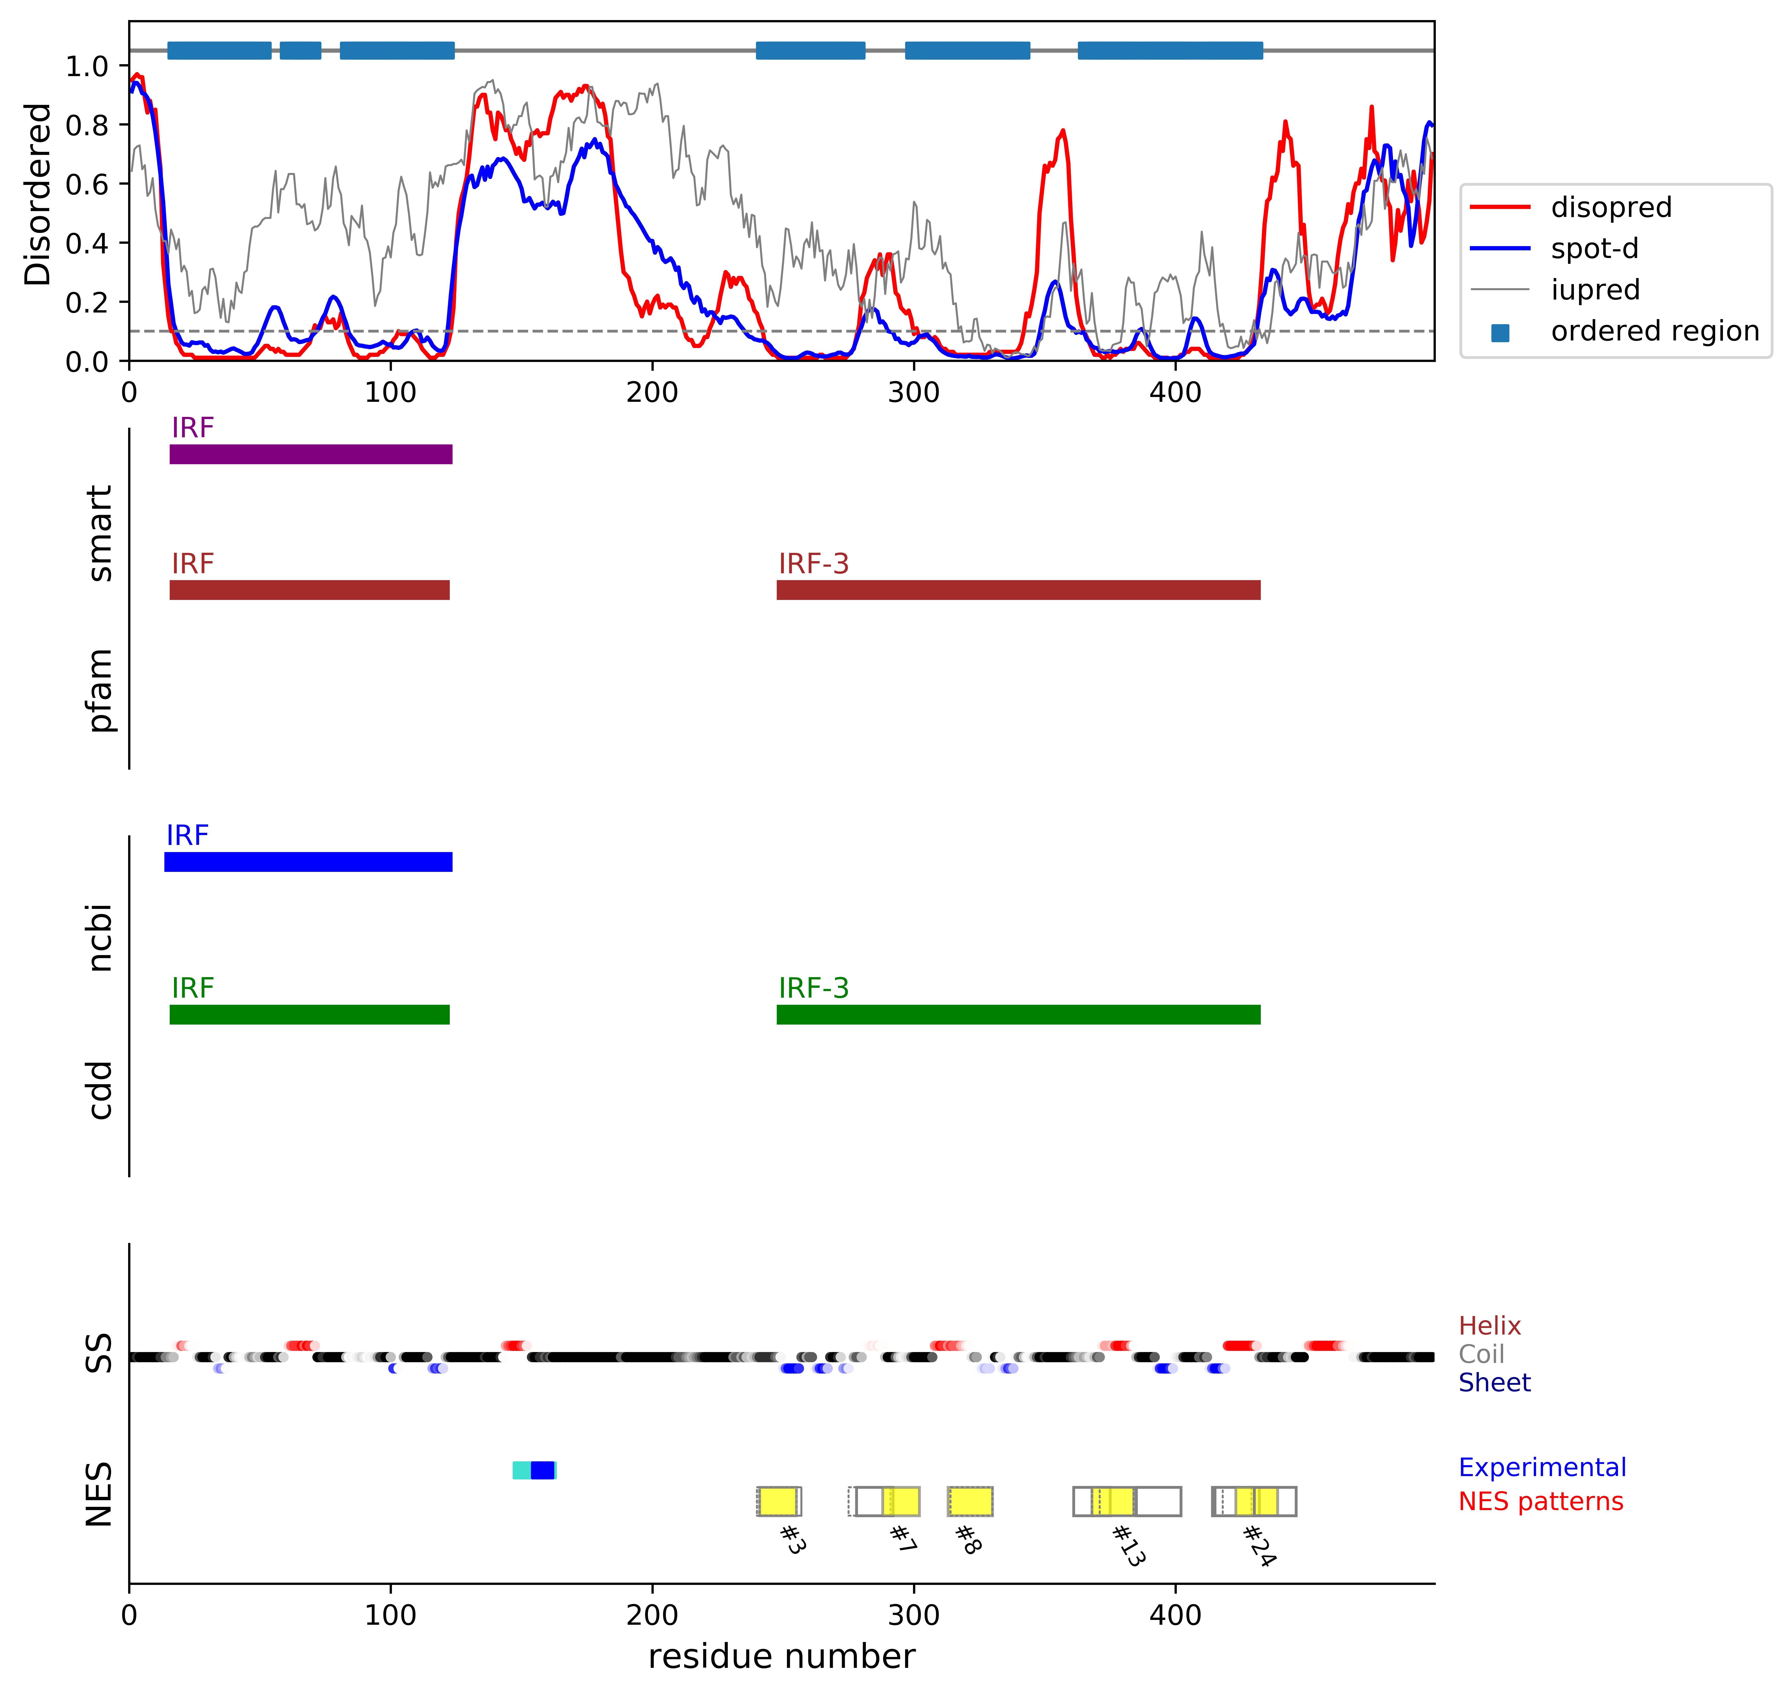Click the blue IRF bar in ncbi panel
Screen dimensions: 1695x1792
[x=308, y=862]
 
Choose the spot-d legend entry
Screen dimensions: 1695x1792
[x=1594, y=249]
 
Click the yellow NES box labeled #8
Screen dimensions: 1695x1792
[x=970, y=1502]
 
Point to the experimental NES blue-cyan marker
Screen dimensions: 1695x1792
[x=534, y=1470]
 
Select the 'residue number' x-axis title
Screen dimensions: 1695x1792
[x=782, y=1656]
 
